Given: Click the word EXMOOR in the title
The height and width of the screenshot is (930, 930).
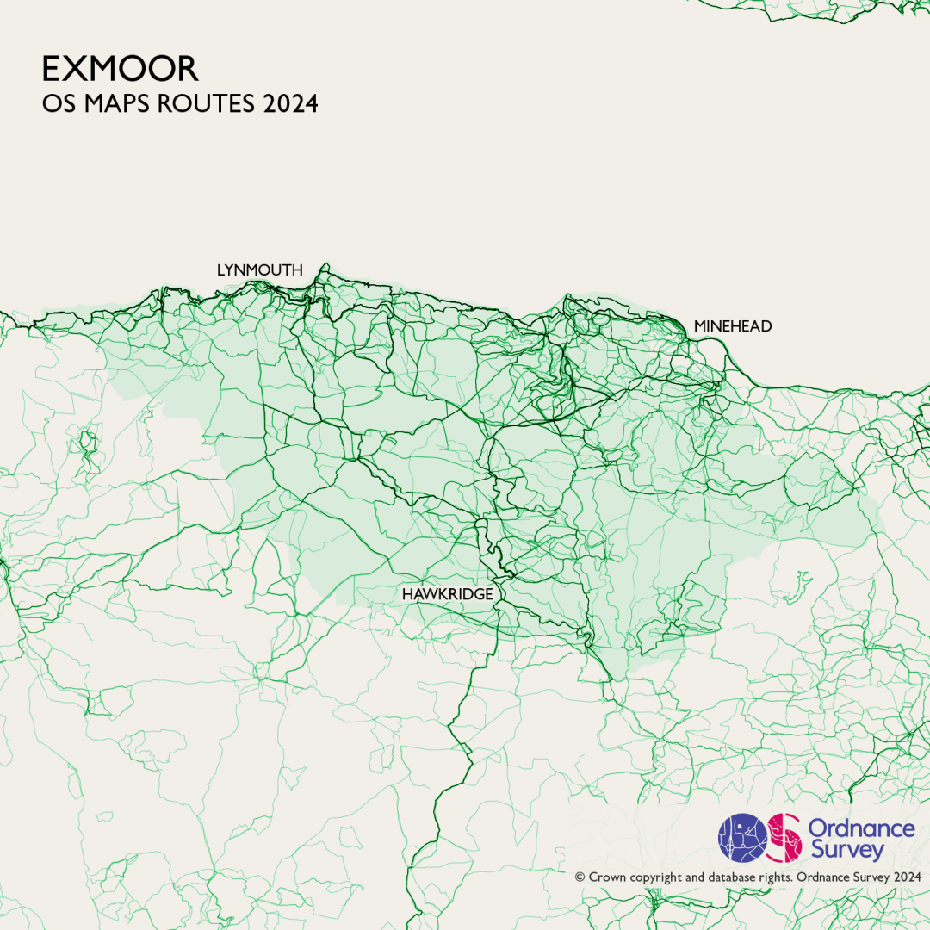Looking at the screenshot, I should pyautogui.click(x=121, y=69).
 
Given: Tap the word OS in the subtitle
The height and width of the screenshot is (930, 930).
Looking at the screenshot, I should pyautogui.click(x=57, y=104).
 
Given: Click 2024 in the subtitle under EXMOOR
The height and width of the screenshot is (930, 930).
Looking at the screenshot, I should pyautogui.click(x=291, y=104).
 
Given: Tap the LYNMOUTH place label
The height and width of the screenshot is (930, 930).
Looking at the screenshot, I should pyautogui.click(x=259, y=270).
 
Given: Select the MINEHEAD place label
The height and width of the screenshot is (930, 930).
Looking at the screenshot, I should pyautogui.click(x=733, y=326).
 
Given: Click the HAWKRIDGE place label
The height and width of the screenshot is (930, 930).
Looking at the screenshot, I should pyautogui.click(x=447, y=595).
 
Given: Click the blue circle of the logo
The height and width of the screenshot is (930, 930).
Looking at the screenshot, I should pyautogui.click(x=743, y=838).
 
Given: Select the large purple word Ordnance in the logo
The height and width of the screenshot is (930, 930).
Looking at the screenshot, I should pyautogui.click(x=861, y=828).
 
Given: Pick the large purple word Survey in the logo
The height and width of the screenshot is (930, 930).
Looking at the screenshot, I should pyautogui.click(x=847, y=851).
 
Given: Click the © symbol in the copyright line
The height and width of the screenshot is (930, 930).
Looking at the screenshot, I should pyautogui.click(x=580, y=877).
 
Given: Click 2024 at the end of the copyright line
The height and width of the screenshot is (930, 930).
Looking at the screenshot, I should pyautogui.click(x=907, y=877).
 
